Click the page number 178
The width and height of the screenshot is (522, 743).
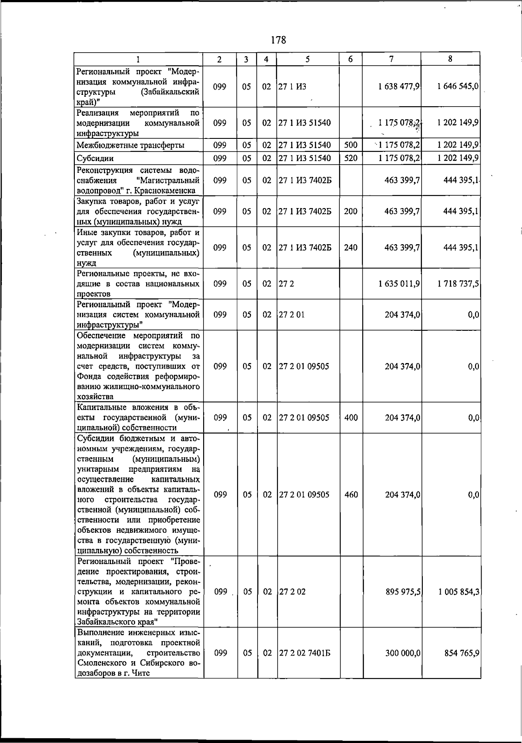[x=278, y=40]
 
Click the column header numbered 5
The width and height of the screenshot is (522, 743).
[x=308, y=59]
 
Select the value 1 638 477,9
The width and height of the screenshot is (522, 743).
[x=399, y=87]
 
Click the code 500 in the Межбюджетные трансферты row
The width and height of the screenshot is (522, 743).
[x=351, y=145]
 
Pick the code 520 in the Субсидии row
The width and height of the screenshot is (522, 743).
[x=351, y=158]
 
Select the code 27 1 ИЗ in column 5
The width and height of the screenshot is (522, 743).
[x=292, y=87]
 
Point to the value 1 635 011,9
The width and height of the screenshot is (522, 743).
[x=399, y=284]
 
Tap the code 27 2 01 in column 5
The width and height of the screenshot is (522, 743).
[x=291, y=314]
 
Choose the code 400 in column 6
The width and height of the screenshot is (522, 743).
[x=351, y=418]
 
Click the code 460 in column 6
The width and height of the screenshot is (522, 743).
[x=351, y=495]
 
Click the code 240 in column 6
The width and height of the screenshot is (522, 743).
[x=351, y=248]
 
